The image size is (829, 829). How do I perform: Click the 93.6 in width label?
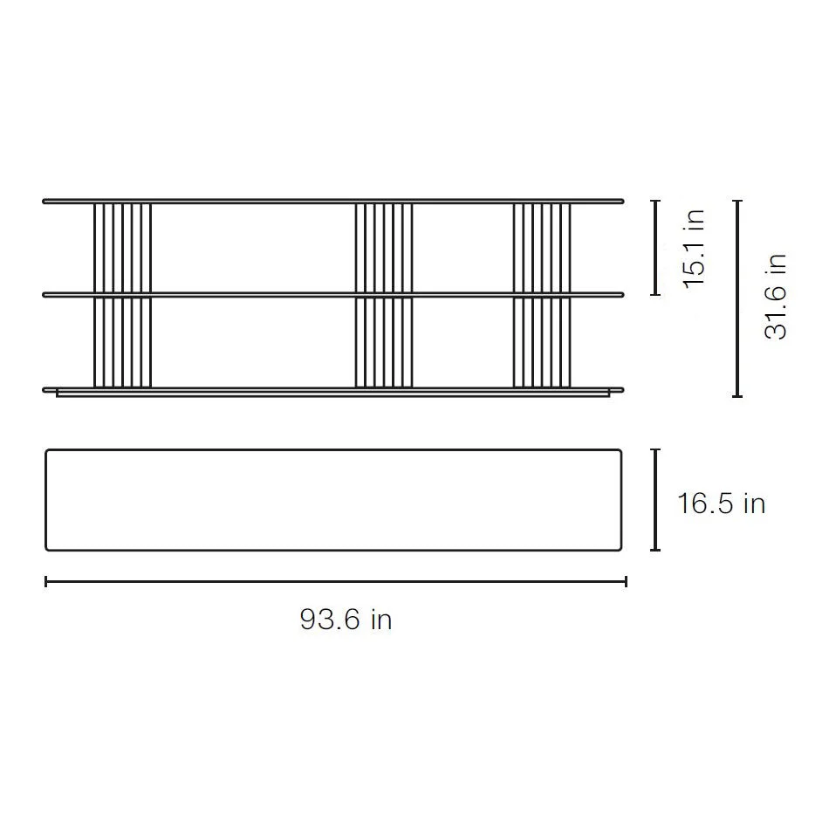[x=346, y=619]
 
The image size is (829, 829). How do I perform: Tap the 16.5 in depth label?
[x=721, y=503]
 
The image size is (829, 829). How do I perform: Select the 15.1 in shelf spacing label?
[x=695, y=248]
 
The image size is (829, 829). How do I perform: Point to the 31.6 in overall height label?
[x=776, y=296]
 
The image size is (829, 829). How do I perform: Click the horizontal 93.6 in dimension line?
[x=336, y=581]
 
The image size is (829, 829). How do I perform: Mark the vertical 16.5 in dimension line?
[x=655, y=500]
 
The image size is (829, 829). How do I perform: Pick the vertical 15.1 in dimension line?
[x=655, y=248]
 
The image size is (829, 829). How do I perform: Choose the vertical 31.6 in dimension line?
[x=737, y=298]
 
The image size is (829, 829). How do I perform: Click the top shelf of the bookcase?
[x=333, y=202]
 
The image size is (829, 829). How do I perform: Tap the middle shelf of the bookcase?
[x=333, y=294]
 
